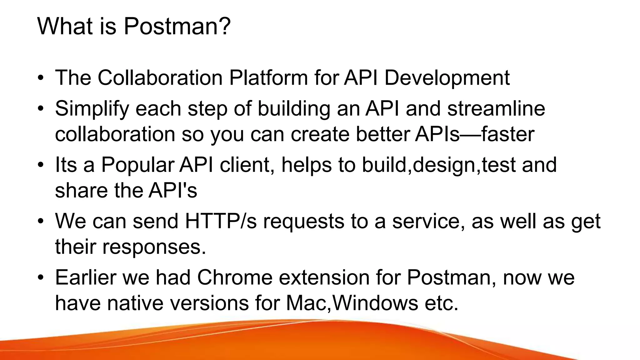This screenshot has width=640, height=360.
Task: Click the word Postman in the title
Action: tap(169, 26)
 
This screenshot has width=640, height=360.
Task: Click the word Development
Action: tap(447, 78)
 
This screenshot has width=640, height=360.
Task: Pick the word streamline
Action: tap(496, 108)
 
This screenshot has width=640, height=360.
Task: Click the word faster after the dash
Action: tap(507, 134)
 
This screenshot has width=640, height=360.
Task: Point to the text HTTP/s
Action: tap(221, 221)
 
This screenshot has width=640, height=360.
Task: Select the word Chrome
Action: tap(235, 277)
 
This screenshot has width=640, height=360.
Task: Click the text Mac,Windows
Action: tap(352, 303)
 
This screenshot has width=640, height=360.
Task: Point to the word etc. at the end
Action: tap(441, 303)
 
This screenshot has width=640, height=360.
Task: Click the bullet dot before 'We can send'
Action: tap(40, 221)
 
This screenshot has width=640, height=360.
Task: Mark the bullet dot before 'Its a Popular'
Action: tap(40, 165)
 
